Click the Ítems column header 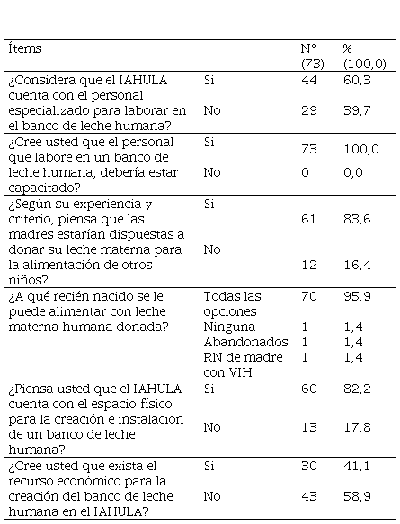click(25, 48)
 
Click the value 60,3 click(357, 80)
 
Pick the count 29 click(309, 110)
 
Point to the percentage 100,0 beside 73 click(361, 149)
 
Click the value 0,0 click(353, 172)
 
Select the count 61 click(308, 219)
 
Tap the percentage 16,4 click(357, 265)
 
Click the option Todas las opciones click(232, 304)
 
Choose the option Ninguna click(229, 327)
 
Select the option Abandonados click(245, 342)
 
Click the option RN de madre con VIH click(243, 364)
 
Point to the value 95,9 click(357, 296)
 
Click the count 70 click(309, 296)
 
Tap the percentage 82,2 click(357, 389)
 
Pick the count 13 click(309, 427)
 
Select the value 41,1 click(357, 466)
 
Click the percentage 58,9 click(357, 496)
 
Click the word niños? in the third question click(28, 280)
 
